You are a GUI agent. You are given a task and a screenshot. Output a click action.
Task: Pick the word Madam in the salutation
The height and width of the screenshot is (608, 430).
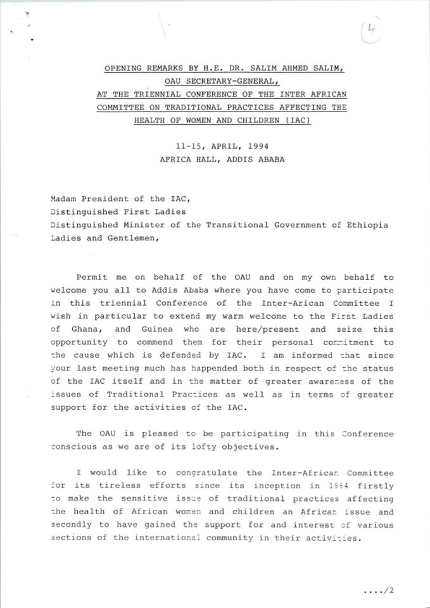pos(64,198)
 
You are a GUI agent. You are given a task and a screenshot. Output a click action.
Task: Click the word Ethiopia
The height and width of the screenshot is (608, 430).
pos(367,225)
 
